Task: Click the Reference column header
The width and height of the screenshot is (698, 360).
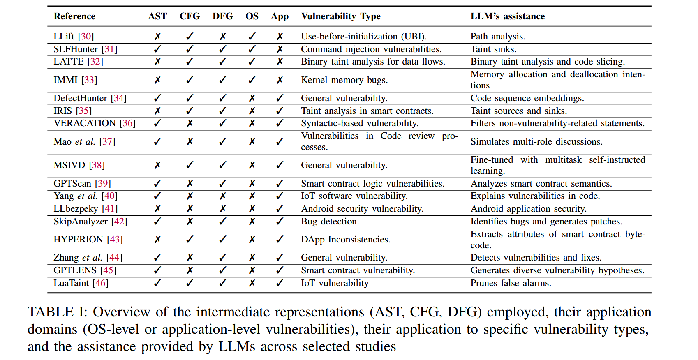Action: [74, 16]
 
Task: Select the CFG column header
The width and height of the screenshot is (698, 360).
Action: [190, 16]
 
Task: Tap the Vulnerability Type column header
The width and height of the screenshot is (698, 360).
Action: [340, 16]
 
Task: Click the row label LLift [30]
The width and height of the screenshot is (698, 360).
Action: [74, 37]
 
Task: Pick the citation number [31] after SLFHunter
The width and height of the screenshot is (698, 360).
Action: [109, 49]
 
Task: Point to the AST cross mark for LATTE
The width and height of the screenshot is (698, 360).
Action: [157, 62]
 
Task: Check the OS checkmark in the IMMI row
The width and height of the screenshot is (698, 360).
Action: [252, 80]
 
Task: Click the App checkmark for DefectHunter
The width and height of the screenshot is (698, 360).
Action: [280, 98]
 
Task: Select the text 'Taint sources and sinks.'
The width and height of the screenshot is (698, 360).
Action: [518, 111]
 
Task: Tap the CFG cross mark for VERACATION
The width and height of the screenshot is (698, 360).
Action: [190, 123]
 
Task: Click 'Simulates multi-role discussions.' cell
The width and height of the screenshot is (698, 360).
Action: [536, 142]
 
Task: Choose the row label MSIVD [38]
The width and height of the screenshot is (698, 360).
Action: [79, 165]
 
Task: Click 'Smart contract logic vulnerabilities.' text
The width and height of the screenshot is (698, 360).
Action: [372, 184]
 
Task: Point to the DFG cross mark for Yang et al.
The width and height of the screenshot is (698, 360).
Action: [222, 196]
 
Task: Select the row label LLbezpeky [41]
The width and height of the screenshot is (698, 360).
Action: [85, 209]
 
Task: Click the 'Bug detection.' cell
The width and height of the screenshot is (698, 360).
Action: [330, 222]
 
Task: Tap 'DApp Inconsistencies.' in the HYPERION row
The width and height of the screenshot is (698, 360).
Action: [345, 240]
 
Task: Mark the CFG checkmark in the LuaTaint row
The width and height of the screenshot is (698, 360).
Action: [190, 283]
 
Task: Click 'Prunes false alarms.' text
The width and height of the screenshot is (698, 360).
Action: [511, 283]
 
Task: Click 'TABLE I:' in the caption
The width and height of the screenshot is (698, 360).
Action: [57, 312]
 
